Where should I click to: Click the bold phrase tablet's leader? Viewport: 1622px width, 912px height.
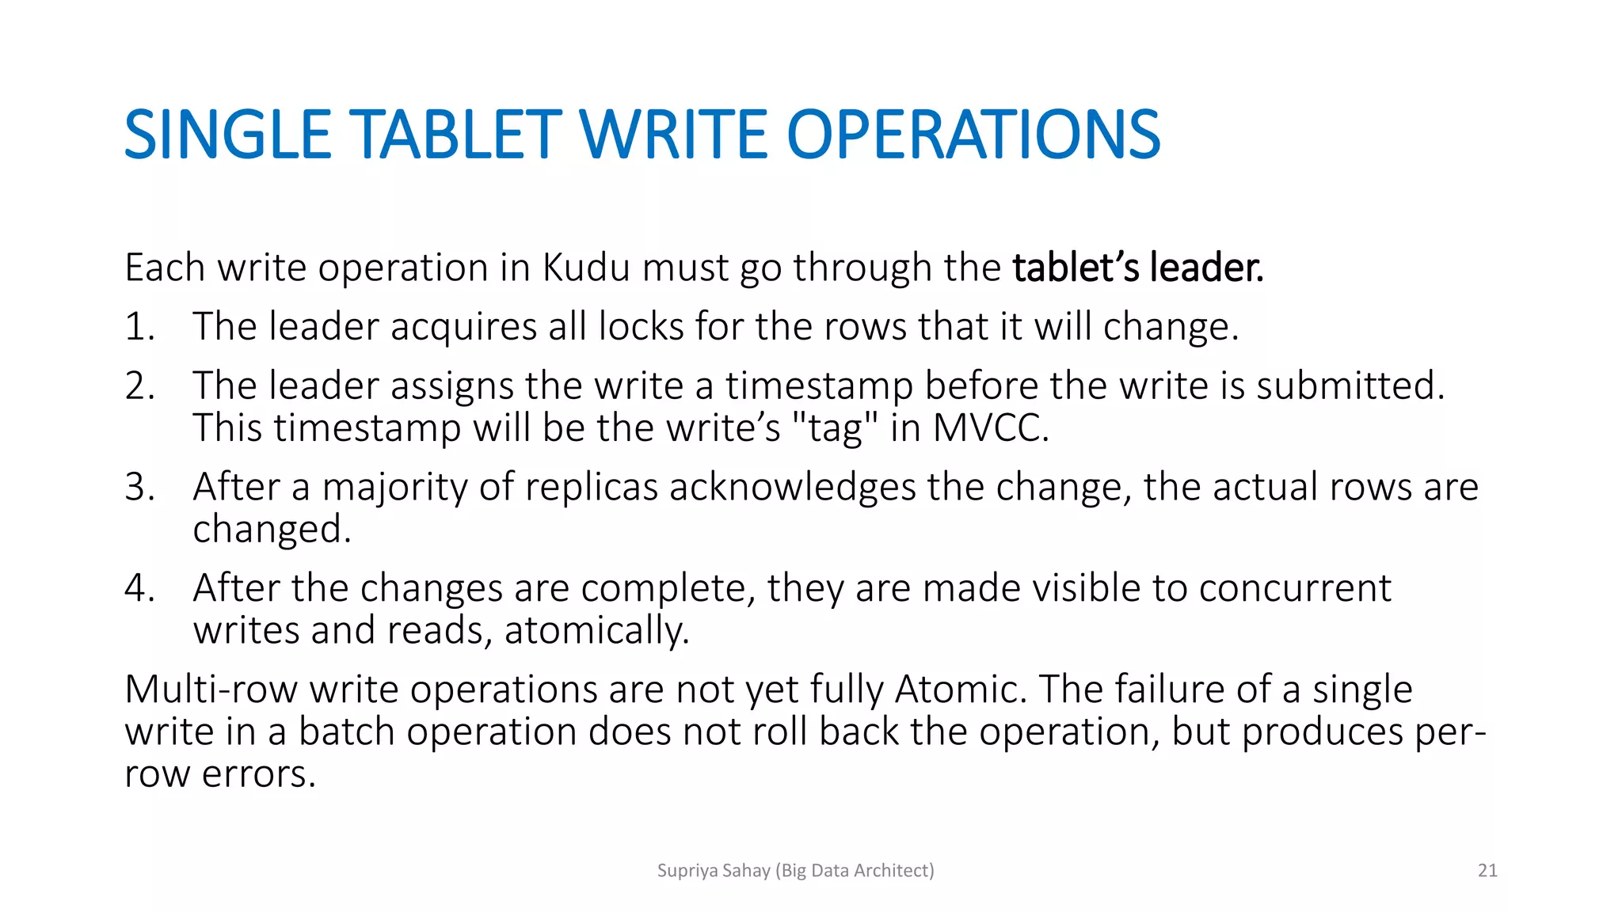(1137, 268)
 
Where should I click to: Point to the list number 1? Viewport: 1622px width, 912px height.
(139, 327)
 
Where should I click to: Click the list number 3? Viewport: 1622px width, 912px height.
(139, 487)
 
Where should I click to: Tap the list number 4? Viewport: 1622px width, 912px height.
(139, 588)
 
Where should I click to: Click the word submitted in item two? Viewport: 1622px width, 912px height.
(1350, 386)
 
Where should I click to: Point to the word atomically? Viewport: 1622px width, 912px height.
(596, 632)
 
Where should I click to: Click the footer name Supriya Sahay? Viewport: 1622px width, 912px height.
(714, 871)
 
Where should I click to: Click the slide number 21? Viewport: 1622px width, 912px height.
(1487, 871)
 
